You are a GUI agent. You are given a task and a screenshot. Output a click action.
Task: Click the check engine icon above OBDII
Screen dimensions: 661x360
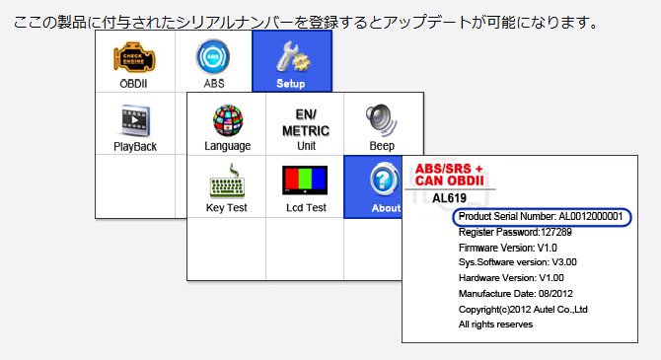[x=134, y=58]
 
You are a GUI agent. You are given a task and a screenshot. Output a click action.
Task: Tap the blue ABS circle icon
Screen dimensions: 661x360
[x=213, y=57]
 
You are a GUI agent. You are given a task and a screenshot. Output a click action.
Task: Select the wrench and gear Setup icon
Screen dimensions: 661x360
[x=293, y=56]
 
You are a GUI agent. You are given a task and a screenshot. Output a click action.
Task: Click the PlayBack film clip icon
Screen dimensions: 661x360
[x=135, y=120]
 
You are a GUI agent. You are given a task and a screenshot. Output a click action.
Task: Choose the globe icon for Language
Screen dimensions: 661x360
[x=228, y=120]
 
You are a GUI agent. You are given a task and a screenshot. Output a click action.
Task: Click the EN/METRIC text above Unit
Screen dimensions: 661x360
[x=306, y=122]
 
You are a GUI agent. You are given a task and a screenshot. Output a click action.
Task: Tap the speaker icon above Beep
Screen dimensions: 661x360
[x=382, y=120]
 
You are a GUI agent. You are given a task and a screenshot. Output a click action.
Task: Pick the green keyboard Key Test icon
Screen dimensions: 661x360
[x=227, y=181]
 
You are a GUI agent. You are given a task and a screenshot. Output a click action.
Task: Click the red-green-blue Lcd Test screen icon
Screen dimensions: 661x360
[x=305, y=180]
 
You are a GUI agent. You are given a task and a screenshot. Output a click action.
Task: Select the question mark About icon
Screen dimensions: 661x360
[x=384, y=180]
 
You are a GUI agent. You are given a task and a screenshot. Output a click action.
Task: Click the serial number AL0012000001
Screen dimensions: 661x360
[x=591, y=217]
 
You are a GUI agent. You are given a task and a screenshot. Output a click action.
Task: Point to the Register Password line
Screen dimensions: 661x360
[x=515, y=232]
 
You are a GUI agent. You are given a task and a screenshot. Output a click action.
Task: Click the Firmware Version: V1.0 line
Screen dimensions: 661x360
[x=507, y=248]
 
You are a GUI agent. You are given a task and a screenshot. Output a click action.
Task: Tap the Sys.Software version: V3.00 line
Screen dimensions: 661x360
[x=518, y=262]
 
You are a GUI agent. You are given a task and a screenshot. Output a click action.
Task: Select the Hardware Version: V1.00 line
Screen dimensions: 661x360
[x=511, y=278]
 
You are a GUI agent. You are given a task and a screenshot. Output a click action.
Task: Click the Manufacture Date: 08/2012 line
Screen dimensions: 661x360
[x=516, y=293]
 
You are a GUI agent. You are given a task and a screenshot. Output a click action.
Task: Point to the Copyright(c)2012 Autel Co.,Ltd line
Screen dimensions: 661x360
[x=523, y=310]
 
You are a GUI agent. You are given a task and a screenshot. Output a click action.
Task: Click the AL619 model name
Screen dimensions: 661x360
[x=449, y=198]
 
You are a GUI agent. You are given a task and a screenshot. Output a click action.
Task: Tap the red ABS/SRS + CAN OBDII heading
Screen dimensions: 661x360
[x=449, y=175]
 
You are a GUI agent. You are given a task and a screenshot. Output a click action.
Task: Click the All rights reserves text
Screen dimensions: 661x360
[x=495, y=324]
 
